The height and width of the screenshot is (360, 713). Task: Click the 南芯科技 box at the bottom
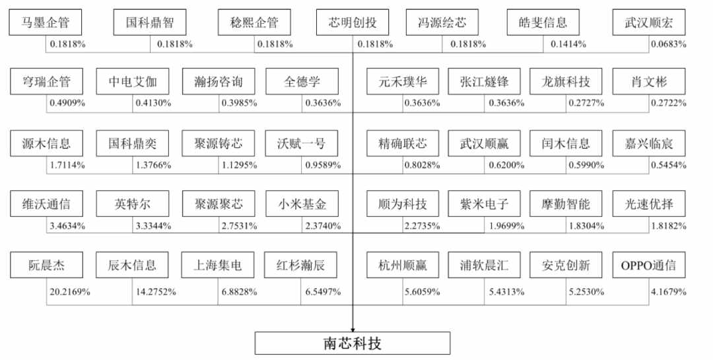click(x=353, y=343)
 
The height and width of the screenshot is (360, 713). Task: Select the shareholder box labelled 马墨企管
click(x=45, y=22)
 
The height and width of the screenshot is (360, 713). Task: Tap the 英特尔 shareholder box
click(x=132, y=203)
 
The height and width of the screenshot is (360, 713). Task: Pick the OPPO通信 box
click(x=648, y=265)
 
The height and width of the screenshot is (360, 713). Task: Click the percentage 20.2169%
click(x=69, y=292)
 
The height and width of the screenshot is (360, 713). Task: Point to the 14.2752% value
click(x=156, y=292)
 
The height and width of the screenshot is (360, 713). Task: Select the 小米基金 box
click(x=302, y=203)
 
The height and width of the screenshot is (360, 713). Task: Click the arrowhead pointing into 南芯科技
click(x=353, y=330)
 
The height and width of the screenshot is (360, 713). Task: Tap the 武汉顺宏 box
click(x=648, y=22)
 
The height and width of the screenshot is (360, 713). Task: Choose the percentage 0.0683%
click(x=668, y=44)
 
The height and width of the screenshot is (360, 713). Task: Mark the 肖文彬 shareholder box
click(x=648, y=81)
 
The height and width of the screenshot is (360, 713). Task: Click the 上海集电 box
click(x=217, y=265)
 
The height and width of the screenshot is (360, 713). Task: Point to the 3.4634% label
click(x=67, y=226)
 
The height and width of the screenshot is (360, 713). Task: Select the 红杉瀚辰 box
click(x=300, y=265)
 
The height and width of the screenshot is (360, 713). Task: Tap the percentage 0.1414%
click(x=568, y=44)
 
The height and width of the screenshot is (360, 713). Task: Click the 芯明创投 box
click(x=353, y=22)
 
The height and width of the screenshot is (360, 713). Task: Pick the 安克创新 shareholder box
click(x=566, y=265)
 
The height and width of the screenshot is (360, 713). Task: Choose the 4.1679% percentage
click(x=668, y=292)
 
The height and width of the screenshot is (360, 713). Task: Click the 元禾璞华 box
click(x=403, y=81)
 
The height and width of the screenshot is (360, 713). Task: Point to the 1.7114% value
click(x=67, y=165)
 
